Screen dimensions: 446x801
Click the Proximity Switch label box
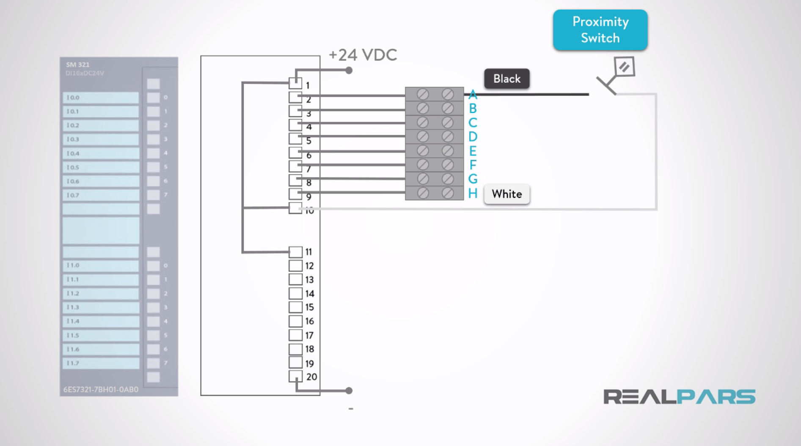coord(600,30)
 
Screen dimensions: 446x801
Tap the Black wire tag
coord(506,79)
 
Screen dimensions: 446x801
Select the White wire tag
coord(506,194)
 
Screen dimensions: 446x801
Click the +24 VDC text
coord(363,55)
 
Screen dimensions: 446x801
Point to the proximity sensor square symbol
coord(625,67)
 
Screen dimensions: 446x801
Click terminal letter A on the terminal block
coord(473,94)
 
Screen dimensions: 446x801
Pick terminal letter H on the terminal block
coord(473,194)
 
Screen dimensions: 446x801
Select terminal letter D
coord(473,137)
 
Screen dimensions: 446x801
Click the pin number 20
coord(311,377)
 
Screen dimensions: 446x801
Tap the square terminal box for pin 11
coord(295,252)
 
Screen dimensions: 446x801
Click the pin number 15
coord(309,307)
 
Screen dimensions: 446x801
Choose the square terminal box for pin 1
coord(295,83)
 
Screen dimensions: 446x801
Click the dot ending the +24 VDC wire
coord(349,71)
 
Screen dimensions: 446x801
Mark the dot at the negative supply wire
coord(349,391)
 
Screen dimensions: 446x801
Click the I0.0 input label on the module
coord(101,98)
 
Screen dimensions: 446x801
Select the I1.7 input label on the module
coord(101,363)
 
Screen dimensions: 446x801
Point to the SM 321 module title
coord(78,65)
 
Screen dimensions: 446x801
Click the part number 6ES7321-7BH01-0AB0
coord(101,389)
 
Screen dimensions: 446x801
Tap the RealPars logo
coord(679,397)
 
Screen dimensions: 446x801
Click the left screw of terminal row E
coord(422,150)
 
